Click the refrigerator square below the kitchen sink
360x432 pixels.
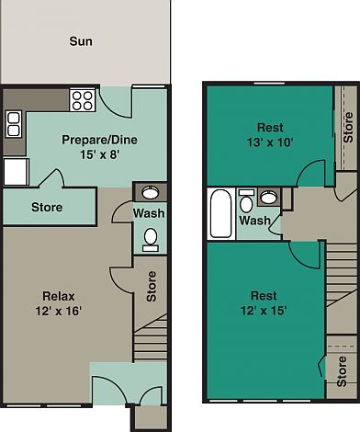point(16,171)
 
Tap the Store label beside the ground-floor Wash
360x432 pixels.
point(47,207)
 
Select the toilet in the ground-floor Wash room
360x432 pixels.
point(151,238)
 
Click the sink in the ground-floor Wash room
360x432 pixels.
point(151,192)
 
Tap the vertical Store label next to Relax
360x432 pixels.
point(152,286)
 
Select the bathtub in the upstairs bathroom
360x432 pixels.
point(221,214)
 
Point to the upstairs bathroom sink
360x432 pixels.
point(269,197)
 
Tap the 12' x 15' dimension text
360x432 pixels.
point(264,311)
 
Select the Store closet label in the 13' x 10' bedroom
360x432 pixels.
point(347,127)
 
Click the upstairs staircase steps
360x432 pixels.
point(339,285)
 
